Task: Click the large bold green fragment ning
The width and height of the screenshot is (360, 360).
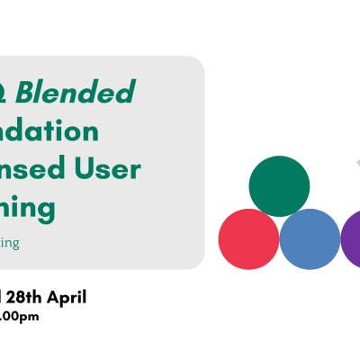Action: coord(28,209)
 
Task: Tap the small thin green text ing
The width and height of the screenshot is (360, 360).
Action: coord(10,243)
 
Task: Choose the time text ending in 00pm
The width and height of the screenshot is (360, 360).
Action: coord(19,316)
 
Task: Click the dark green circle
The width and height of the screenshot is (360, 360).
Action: coord(279,186)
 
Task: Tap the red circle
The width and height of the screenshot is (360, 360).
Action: coord(248,238)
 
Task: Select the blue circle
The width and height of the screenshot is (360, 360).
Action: coord(310,238)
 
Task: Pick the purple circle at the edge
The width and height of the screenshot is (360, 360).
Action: coord(352,238)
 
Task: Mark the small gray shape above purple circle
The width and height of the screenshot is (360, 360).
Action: coord(356,164)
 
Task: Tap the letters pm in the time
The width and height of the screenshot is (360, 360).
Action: coord(30,317)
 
